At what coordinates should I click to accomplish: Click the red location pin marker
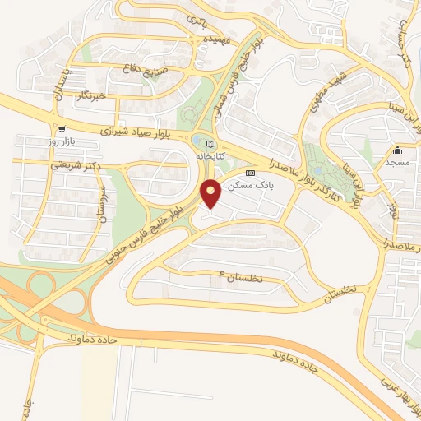211,192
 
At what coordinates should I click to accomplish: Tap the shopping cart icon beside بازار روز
62,128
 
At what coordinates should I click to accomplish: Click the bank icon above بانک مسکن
251,173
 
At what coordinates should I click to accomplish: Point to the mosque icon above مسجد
398,150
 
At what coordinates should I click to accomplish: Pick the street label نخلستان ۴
239,277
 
